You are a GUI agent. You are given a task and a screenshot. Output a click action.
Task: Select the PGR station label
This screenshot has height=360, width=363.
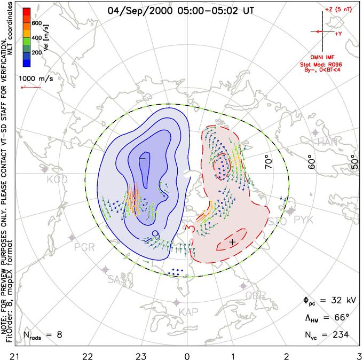pyautogui.click(x=84, y=247)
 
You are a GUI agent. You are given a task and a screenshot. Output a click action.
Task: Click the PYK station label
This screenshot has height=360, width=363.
pyautogui.click(x=304, y=220)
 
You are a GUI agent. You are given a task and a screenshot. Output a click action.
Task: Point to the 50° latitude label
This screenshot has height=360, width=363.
pyautogui.click(x=354, y=160)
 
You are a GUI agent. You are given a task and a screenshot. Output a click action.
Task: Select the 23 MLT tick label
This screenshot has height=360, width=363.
pyautogui.click(x=141, y=355)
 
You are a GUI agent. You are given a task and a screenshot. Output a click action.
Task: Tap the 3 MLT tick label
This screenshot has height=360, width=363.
pyautogui.click(x=358, y=355)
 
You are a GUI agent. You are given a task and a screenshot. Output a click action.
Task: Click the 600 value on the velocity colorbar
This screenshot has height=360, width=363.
pyautogui.click(x=36, y=23)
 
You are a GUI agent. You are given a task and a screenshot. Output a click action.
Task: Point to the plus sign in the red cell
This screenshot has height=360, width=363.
pyautogui.click(x=232, y=242)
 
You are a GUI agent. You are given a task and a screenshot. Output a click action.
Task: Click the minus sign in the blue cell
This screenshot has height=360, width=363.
pyautogui.click(x=143, y=158)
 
